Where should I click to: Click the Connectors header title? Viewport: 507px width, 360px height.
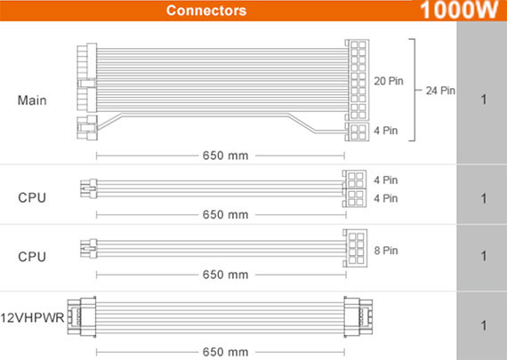pos(206,11)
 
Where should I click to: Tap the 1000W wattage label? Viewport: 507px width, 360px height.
pos(459,10)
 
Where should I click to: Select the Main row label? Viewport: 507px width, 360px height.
pos(32,100)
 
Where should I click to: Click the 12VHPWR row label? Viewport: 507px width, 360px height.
pos(32,318)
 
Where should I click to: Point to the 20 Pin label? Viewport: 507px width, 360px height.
pos(389,81)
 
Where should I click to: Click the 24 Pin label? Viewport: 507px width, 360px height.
pos(440,91)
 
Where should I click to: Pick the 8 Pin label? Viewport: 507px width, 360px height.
pos(386,251)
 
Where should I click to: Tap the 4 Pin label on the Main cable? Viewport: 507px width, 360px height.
pos(386,131)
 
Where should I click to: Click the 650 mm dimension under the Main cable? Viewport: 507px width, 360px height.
pos(225,156)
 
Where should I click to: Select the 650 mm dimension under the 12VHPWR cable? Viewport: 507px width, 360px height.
pos(225,352)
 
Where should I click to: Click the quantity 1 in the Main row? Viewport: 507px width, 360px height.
pos(484,100)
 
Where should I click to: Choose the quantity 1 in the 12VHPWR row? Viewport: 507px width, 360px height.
pos(484,325)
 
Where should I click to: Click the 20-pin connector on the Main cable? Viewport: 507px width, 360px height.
pos(357,79)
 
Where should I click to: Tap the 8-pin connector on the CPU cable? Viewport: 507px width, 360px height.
pos(355,248)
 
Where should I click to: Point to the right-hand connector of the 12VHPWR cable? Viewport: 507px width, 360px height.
pos(358,317)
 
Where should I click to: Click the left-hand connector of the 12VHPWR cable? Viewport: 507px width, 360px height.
pos(82,317)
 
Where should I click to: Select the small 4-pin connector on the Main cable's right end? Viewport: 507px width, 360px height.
pos(357,132)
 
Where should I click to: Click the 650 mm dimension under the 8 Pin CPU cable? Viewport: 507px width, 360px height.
pos(225,275)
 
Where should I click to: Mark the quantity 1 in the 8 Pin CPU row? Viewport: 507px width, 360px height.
pos(484,256)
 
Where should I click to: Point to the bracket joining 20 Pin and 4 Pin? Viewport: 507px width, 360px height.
pos(414,90)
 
